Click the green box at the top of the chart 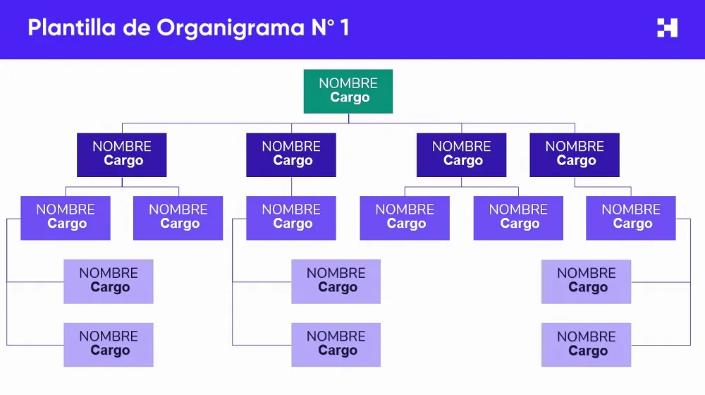(x=348, y=91)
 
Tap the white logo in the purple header (x=667, y=28)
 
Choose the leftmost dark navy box (x=122, y=154)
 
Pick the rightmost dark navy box (x=575, y=154)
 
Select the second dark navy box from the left (x=291, y=154)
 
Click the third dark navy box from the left (x=461, y=154)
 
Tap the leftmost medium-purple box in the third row (x=66, y=218)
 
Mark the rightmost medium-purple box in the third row (x=631, y=218)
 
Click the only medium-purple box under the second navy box (x=291, y=218)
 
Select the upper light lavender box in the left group (x=109, y=281)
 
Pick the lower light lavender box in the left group (x=109, y=345)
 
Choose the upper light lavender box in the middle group (x=336, y=281)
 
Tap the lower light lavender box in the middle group (x=336, y=345)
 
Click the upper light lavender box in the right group (x=587, y=281)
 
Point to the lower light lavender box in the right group (x=587, y=345)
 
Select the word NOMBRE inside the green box (x=348, y=83)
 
